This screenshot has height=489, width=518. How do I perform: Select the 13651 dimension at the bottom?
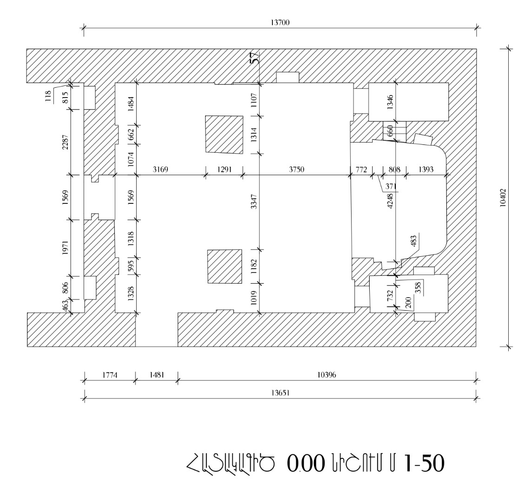(x=281, y=392)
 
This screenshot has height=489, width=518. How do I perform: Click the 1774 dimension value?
(x=109, y=375)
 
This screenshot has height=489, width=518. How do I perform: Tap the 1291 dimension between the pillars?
(x=224, y=170)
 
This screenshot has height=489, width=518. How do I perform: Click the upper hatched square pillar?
(x=224, y=135)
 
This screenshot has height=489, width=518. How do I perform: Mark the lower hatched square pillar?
(x=225, y=266)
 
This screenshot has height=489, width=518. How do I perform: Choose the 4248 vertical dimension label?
(x=391, y=201)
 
